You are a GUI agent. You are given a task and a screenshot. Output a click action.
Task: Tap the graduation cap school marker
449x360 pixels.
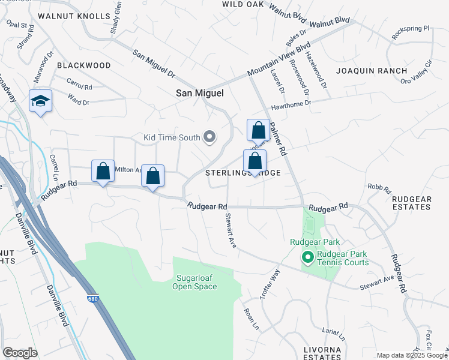pos(40,101)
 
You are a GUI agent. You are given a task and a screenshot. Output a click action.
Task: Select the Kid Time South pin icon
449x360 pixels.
pos(209,137)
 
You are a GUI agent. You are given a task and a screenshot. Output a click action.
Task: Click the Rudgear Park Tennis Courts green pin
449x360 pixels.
pos(308,258)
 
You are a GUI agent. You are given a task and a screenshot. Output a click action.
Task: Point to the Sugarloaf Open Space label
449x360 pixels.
pos(196,282)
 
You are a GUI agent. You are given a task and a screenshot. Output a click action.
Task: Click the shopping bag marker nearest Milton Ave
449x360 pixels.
pos(103,171)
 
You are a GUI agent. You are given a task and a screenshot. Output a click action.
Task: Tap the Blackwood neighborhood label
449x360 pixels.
pos(84,65)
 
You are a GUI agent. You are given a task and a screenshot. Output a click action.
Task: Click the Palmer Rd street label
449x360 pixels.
pos(279,139)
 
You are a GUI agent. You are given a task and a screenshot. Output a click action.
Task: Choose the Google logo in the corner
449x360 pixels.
pos(20,353)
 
